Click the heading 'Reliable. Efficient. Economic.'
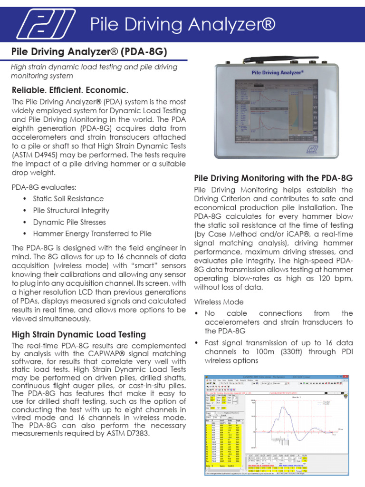pos(70,90)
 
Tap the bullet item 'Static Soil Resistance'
pos(68,199)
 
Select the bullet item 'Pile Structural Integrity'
pos(71,210)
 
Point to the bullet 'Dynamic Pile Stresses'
pos(69,222)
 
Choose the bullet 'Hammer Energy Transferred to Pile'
pos(92,234)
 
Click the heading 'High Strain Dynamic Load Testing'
pos(78,334)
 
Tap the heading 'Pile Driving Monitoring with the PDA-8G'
pos(273,178)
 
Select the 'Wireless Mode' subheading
pos(218,302)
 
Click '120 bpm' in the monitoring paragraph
pos(337,278)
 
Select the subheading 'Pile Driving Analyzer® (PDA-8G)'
pos(89,51)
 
